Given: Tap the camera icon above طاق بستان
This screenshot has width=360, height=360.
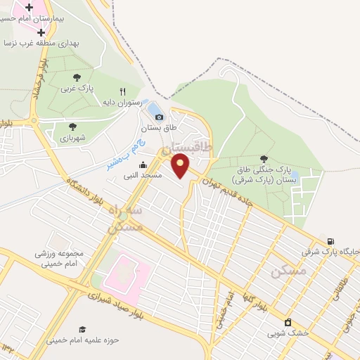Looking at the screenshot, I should point(159,117).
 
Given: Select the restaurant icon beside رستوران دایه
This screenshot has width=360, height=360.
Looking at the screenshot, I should point(122,91).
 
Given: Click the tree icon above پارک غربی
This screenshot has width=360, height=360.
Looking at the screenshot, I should point(77,77).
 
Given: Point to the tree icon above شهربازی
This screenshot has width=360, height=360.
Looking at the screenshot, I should point(72,127).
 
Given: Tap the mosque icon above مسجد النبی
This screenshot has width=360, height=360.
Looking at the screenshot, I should point(143,165).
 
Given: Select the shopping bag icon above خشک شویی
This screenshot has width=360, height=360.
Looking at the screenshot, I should point(288,323).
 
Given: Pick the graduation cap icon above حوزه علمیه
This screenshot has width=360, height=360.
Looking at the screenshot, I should point(82,329).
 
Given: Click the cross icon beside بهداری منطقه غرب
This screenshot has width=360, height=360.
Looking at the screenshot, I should point(41,32).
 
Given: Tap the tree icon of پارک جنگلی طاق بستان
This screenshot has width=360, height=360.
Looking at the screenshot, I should point(264,159).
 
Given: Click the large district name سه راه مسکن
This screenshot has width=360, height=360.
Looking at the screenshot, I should point(126,218).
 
